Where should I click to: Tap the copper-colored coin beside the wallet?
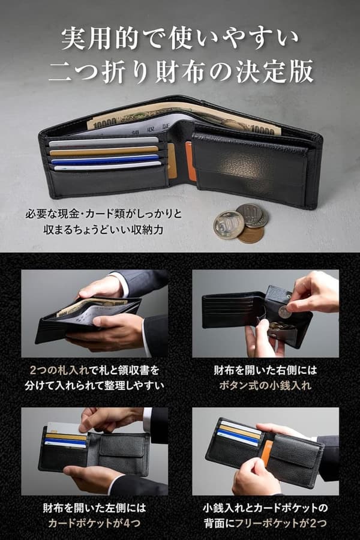[251, 234]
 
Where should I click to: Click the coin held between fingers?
[284, 312]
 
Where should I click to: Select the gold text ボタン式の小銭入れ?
[265, 385]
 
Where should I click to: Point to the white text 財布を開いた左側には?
[95, 508]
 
